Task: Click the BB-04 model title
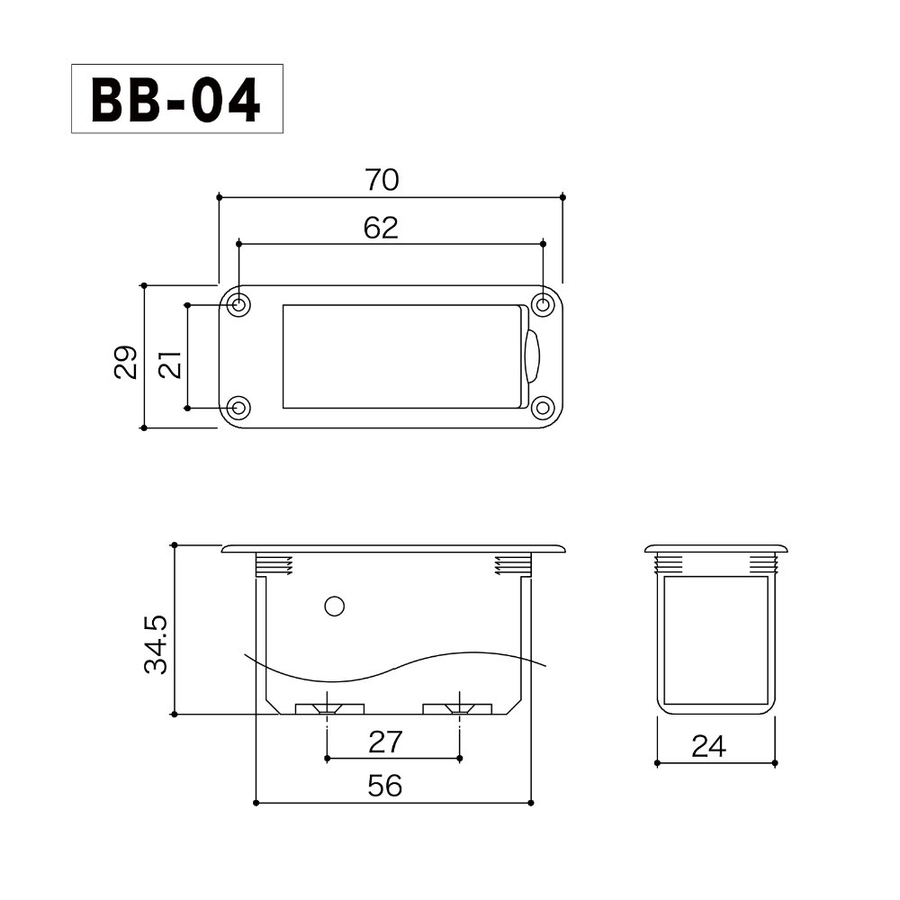pyautogui.click(x=176, y=100)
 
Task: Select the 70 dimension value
pyautogui.click(x=382, y=181)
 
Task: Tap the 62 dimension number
pyautogui.click(x=381, y=228)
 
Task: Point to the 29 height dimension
pyautogui.click(x=126, y=362)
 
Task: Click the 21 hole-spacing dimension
pyautogui.click(x=171, y=364)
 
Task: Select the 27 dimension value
pyautogui.click(x=385, y=742)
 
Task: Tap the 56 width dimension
pyautogui.click(x=385, y=787)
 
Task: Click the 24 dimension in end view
pyautogui.click(x=708, y=746)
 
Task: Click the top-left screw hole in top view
pyautogui.click(x=238, y=305)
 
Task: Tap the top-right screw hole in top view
pyautogui.click(x=542, y=305)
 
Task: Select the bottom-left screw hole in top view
pyautogui.click(x=238, y=408)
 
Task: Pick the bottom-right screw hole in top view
pyautogui.click(x=542, y=408)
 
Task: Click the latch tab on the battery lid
pyautogui.click(x=532, y=356)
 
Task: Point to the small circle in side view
pyautogui.click(x=334, y=607)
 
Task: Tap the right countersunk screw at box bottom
pyautogui.click(x=459, y=708)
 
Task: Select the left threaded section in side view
pyautogui.click(x=275, y=565)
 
